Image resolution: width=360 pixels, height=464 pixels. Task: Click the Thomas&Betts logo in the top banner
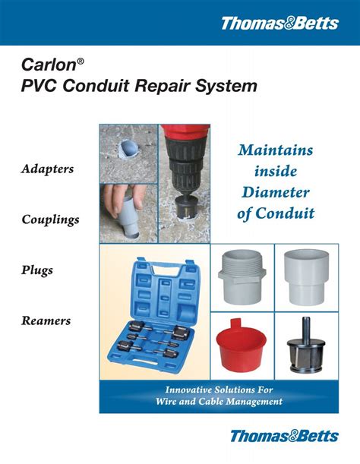[x=279, y=23]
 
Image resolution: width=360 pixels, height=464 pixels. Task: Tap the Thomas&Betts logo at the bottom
[x=284, y=436]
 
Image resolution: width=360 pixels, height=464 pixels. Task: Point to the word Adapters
[x=47, y=169]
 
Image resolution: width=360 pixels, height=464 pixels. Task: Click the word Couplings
[x=51, y=219]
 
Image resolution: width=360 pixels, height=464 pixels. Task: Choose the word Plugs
[x=37, y=270]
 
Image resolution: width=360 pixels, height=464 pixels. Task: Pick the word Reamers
[x=46, y=320]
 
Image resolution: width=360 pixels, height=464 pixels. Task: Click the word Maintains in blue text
[x=275, y=150]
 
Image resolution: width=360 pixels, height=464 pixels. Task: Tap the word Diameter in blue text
[x=275, y=192]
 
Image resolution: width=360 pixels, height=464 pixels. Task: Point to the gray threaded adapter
[x=242, y=277]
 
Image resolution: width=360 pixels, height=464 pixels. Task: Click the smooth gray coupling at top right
[x=305, y=277]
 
